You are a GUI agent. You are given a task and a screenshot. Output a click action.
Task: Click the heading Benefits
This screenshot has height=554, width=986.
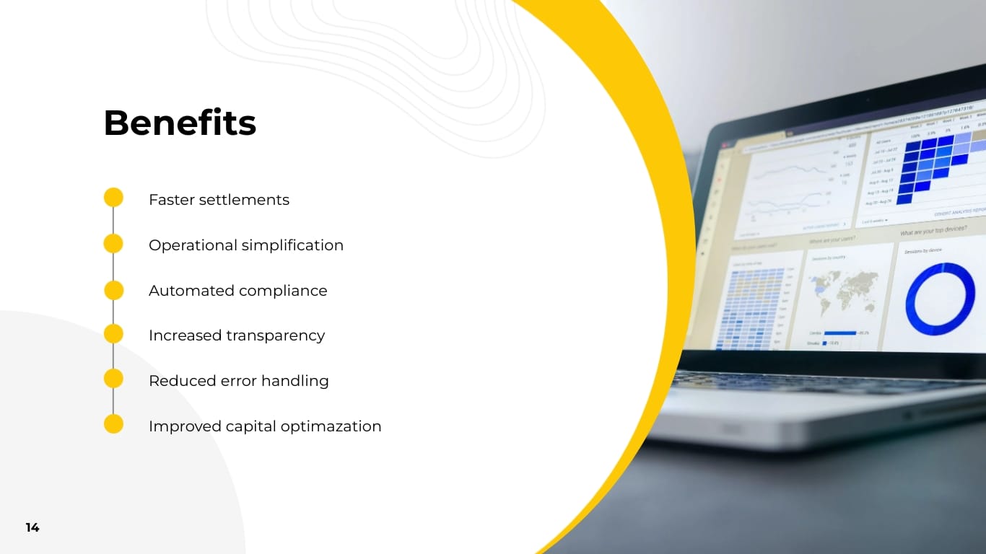(180, 123)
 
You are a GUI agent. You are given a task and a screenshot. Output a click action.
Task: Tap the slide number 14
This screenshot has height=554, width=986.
(32, 527)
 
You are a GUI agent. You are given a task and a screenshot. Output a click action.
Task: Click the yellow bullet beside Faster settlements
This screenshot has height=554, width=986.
(113, 198)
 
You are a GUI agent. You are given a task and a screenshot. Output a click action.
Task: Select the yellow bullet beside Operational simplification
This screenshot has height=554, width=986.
(113, 244)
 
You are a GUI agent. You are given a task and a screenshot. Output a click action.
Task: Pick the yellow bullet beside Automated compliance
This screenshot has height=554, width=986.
(113, 290)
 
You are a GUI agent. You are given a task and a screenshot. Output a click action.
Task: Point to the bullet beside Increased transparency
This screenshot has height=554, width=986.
(113, 334)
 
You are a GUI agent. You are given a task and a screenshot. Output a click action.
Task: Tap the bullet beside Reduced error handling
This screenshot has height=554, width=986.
(113, 379)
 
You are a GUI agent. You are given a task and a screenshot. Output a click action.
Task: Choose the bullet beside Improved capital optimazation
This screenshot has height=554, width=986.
(113, 424)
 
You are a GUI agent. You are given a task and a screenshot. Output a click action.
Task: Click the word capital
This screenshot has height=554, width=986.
(250, 426)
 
